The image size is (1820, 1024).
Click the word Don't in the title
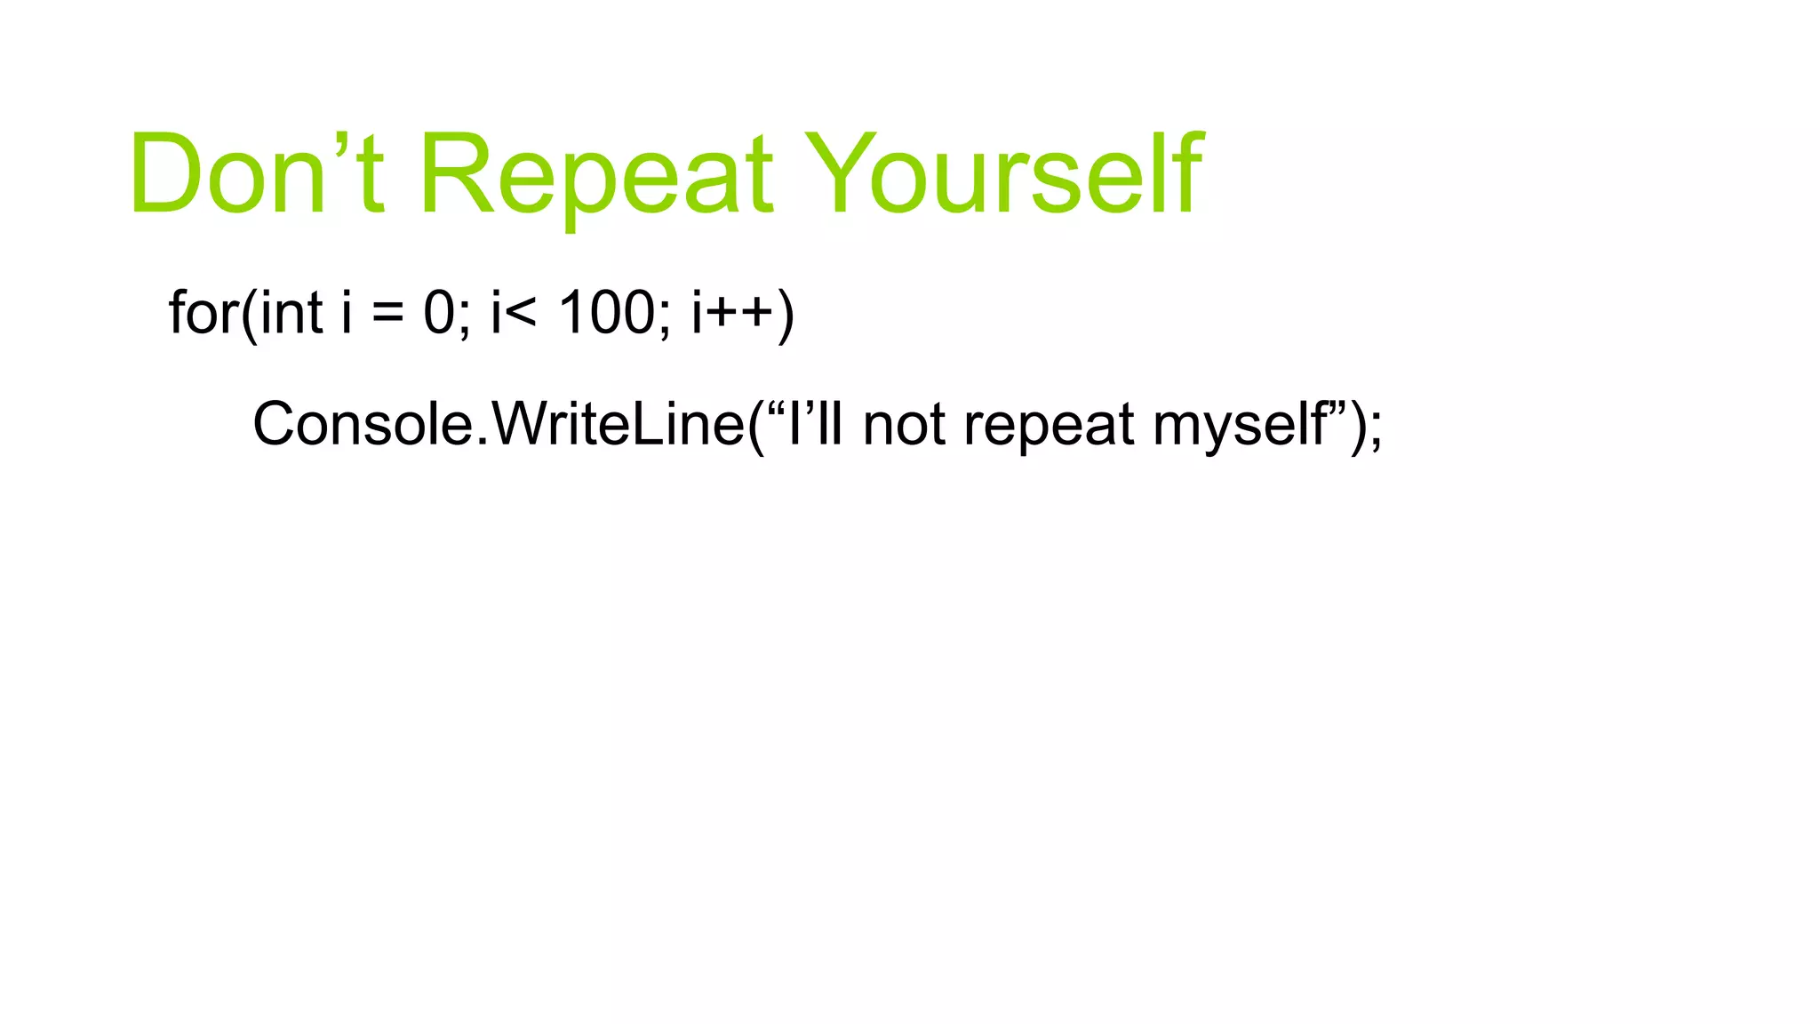tap(257, 173)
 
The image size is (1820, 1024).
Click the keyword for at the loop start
tap(204, 313)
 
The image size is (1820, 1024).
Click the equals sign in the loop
tap(387, 314)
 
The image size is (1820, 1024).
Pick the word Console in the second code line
tap(364, 424)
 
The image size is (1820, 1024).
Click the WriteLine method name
tap(619, 424)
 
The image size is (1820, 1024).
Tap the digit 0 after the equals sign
tap(439, 313)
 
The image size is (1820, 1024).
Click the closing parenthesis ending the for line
tap(786, 315)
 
